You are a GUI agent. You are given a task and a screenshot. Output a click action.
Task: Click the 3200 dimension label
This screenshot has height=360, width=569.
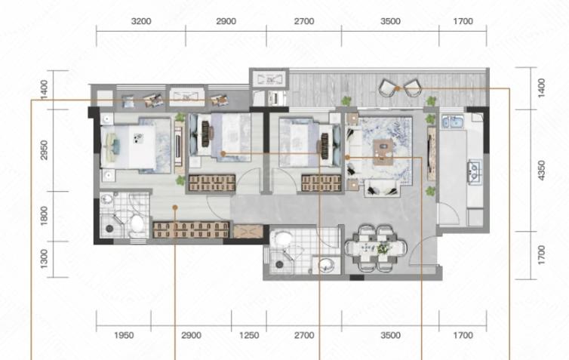[x=141, y=21]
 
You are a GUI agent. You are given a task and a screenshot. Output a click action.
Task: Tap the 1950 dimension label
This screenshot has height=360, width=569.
[x=124, y=335]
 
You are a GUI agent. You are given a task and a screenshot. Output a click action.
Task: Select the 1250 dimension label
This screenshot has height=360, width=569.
[x=249, y=335]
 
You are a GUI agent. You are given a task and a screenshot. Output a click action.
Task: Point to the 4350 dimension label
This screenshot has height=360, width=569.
[x=541, y=171]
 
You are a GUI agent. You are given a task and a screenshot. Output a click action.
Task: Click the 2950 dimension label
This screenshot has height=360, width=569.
[x=44, y=150]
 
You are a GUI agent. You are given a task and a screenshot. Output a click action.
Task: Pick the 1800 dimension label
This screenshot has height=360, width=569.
[x=44, y=216]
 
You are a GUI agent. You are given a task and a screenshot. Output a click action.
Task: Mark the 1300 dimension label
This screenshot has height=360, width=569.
[x=44, y=259]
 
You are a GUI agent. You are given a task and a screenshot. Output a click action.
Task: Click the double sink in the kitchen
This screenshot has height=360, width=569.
[x=452, y=122]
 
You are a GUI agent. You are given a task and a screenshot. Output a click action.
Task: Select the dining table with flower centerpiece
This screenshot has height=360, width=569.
[x=376, y=248]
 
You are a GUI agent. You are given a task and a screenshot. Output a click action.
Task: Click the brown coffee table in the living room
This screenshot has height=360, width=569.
[x=383, y=152]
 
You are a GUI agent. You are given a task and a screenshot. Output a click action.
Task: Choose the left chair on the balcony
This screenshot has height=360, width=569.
[x=387, y=88]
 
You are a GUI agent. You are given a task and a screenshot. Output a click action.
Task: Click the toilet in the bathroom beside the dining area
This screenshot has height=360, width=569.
[x=283, y=240]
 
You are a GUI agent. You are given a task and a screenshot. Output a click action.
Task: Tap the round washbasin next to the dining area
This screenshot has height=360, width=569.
[x=326, y=265]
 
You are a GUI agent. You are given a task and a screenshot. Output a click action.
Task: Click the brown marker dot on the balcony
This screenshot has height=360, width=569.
[x=398, y=88]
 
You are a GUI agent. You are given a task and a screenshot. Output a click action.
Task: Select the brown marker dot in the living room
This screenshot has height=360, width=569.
[x=347, y=158]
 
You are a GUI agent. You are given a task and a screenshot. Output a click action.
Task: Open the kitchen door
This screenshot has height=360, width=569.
[x=448, y=214]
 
